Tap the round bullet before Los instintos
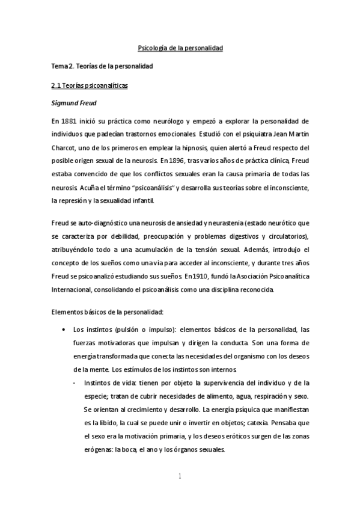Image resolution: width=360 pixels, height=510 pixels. point(64,330)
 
